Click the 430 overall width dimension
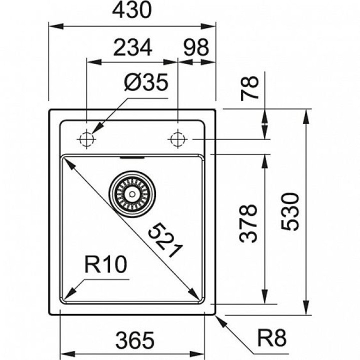[132, 10]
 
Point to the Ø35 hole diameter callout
[145, 83]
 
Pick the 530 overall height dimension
[291, 212]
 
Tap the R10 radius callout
[106, 264]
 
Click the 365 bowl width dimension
[132, 341]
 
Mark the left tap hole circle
[86, 138]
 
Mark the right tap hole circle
[177, 138]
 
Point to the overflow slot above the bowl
[132, 156]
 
